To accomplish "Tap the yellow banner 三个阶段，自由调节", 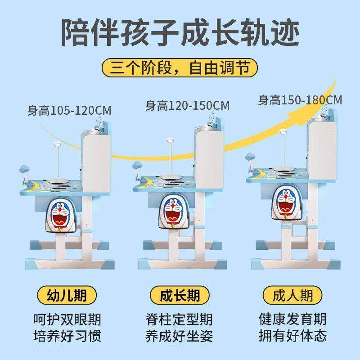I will (x=180, y=69).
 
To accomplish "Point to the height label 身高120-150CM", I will (x=187, y=106).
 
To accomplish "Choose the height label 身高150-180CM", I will (x=300, y=99).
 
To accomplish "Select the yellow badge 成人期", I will (x=292, y=296).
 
